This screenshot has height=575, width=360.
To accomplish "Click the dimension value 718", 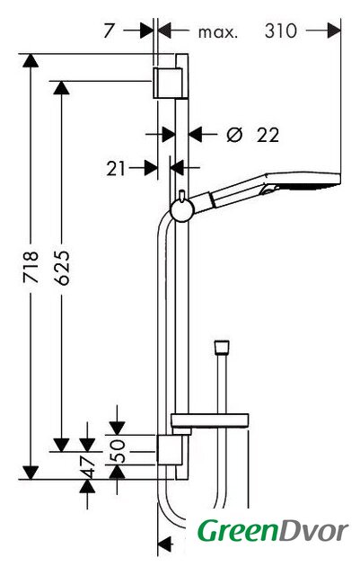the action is click(31, 267).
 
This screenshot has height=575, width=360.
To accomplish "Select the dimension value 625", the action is click(61, 268).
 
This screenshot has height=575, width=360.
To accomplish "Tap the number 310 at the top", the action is click(281, 31).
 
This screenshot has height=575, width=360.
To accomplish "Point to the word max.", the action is click(218, 32).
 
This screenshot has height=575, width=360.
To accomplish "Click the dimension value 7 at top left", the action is click(109, 31).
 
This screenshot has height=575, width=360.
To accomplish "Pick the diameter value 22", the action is click(268, 135).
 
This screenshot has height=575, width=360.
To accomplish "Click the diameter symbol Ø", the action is click(234, 135).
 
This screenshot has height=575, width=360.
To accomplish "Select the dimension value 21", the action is click(116, 169).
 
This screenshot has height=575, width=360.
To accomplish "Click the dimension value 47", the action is click(87, 466).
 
